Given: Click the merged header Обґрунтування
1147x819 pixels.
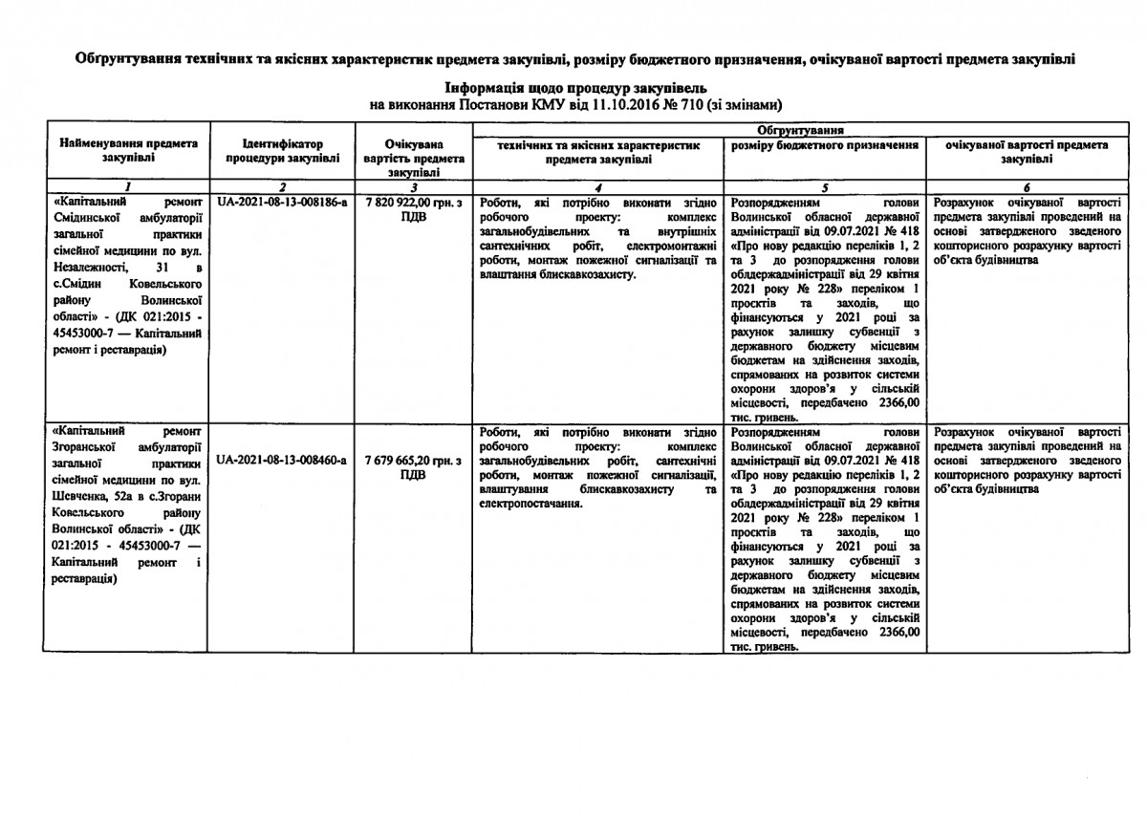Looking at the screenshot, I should [798, 129].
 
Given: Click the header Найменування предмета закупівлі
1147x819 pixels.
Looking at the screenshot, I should [129, 150].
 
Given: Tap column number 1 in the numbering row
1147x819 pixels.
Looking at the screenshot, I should [127, 187].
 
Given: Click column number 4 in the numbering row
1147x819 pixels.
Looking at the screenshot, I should [598, 187].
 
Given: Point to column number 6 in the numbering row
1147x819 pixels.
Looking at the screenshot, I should [1026, 187].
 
